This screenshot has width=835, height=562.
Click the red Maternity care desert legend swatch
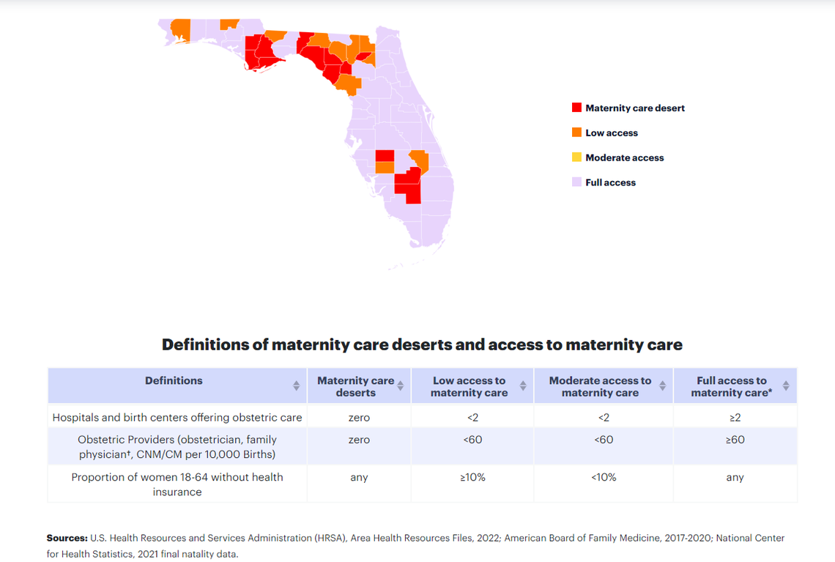576,108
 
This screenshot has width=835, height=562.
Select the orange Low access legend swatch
576,133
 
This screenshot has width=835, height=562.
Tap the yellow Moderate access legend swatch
576,158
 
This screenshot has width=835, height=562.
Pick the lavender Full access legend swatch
576,182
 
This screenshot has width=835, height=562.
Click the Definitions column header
174,381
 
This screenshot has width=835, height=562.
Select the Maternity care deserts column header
355,386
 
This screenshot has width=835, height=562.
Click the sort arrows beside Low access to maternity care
523,385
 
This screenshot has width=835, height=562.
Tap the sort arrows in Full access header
786,385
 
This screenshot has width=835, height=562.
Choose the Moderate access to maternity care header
600,386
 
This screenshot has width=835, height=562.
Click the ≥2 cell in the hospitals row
735,418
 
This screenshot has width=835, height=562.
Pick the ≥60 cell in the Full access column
735,440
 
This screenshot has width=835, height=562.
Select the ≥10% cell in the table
472,477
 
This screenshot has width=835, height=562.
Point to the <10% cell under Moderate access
604,477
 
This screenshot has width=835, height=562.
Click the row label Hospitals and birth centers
177,418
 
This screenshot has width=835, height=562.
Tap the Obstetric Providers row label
177,447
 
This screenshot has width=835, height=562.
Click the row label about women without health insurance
177,484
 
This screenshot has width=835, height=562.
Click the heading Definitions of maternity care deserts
422,344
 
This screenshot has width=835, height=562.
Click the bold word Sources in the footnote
67,538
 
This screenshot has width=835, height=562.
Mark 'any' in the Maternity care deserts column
359,477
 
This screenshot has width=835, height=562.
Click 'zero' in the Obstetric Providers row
359,440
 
